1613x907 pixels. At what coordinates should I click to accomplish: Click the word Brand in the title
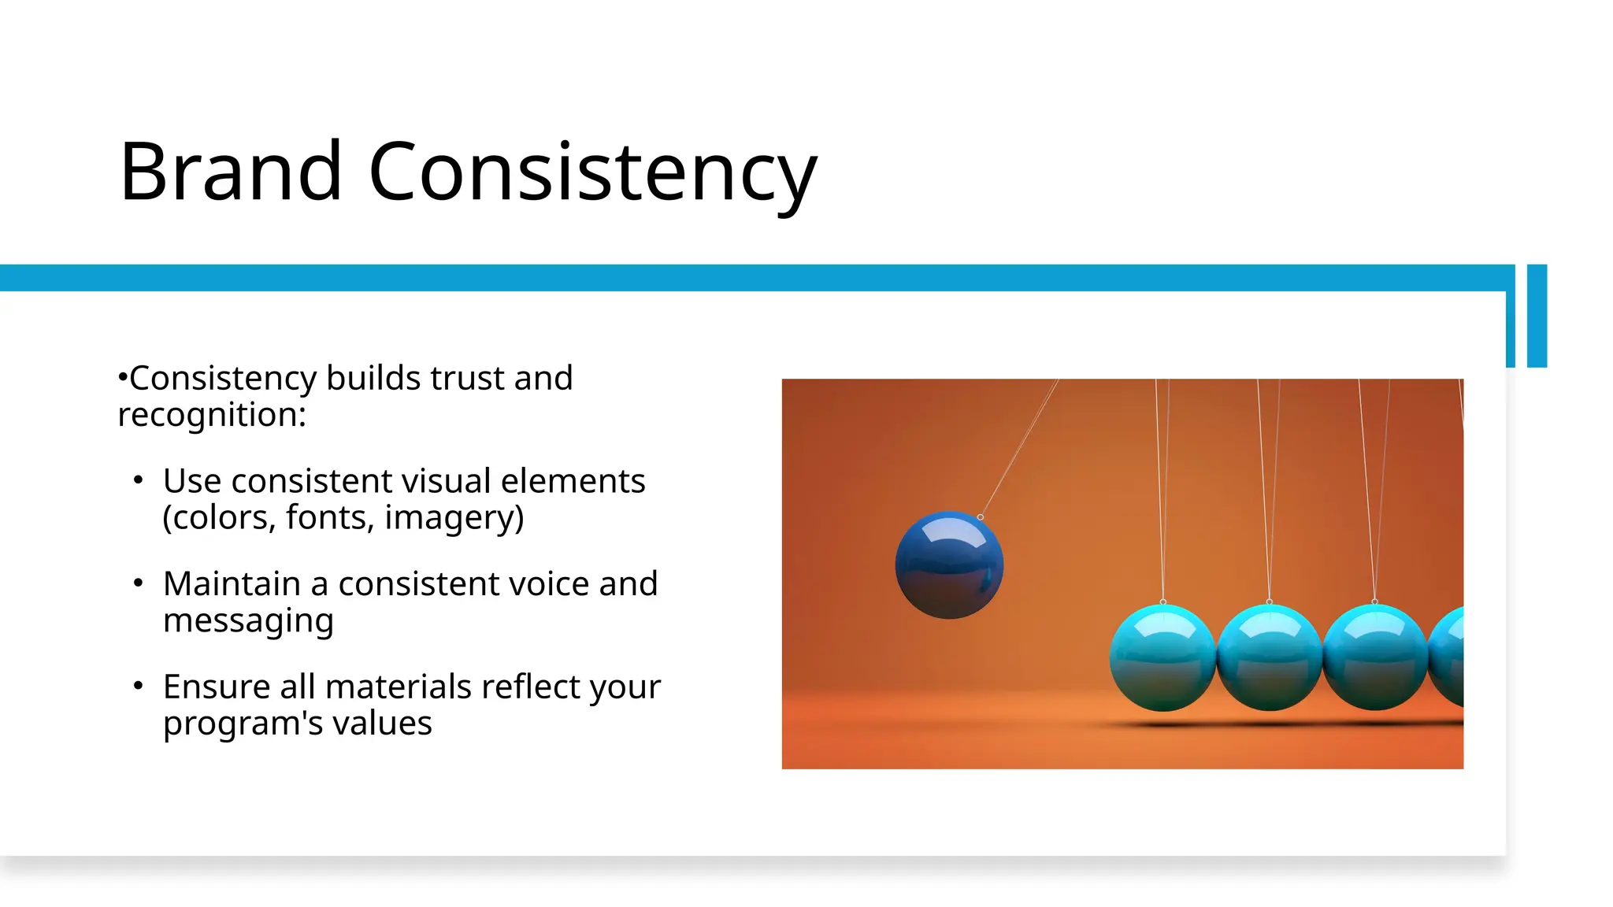230,172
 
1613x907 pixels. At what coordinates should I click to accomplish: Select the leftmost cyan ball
1162,658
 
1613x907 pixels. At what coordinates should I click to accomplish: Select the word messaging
248,621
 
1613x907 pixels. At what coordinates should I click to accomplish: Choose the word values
386,724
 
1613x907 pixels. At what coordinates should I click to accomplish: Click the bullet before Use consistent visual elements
139,480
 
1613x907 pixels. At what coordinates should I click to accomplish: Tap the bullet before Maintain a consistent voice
139,583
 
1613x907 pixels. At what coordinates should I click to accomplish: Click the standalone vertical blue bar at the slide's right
1537,316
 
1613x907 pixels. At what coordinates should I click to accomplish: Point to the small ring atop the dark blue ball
980,517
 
